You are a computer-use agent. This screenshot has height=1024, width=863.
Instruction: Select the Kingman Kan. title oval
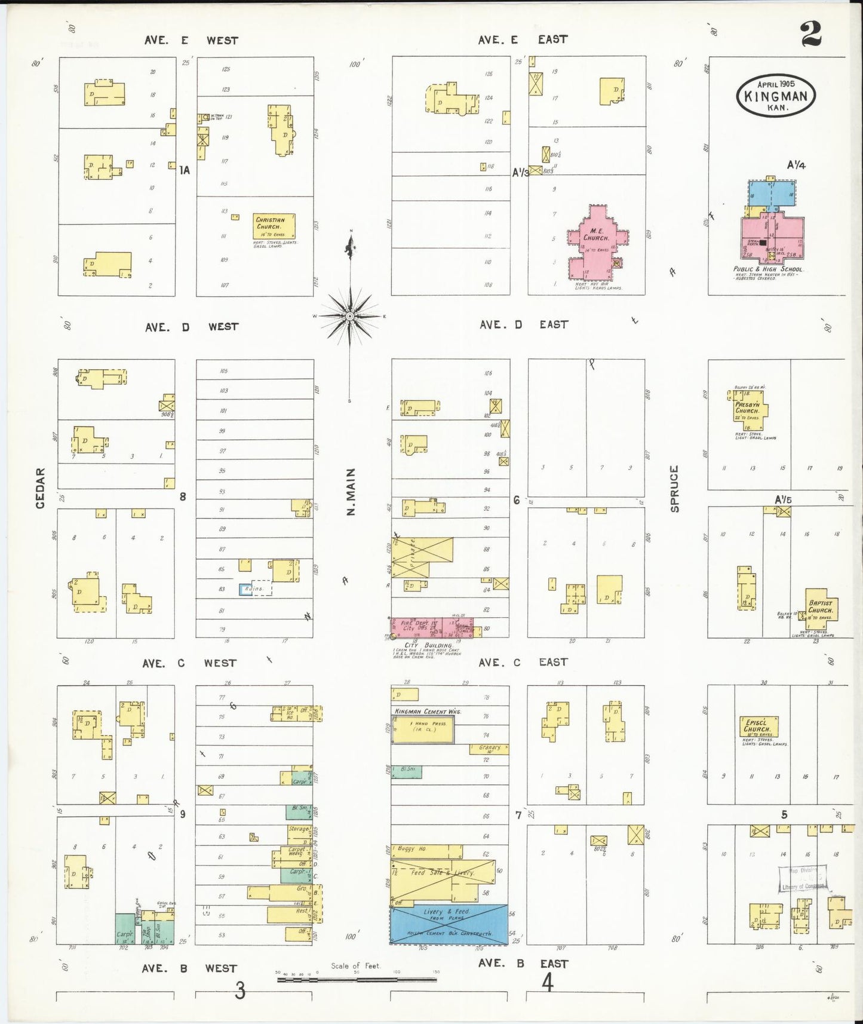(776, 96)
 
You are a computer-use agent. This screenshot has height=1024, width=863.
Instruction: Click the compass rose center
(350, 315)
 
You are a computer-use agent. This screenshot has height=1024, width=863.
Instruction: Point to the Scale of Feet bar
(357, 979)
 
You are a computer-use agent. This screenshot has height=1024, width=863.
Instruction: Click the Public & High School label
(768, 269)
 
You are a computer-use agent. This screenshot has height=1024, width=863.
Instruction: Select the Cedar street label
(41, 488)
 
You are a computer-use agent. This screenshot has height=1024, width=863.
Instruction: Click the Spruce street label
(675, 489)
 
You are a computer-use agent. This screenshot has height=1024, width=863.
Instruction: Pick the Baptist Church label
(821, 606)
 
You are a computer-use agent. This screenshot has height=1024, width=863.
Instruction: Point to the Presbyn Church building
(749, 410)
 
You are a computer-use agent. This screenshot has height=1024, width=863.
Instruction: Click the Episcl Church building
(757, 726)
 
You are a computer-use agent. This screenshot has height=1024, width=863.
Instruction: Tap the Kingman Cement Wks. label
(428, 712)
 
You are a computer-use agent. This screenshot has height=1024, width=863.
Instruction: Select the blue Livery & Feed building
(449, 924)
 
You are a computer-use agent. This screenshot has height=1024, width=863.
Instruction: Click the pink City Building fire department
(431, 627)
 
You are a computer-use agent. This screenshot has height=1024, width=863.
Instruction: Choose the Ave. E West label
(191, 41)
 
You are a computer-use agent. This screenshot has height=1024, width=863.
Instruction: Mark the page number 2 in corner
(810, 35)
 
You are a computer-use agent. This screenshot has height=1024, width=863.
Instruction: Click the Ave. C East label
(523, 662)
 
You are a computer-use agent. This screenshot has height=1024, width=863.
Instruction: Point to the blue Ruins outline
(245, 589)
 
